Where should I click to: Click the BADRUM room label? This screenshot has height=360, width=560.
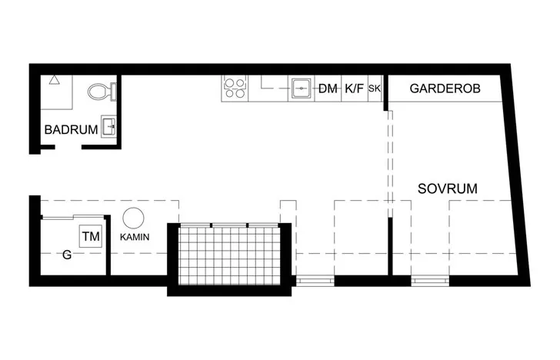pyautogui.click(x=71, y=130)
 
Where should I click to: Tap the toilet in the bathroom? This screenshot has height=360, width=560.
pyautogui.click(x=102, y=92)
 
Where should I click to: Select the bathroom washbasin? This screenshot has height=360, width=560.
pyautogui.click(x=108, y=126)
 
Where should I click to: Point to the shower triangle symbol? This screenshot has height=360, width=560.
pyautogui.click(x=55, y=80)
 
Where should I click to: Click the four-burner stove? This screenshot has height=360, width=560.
pyautogui.click(x=235, y=88)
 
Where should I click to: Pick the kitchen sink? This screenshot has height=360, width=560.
pyautogui.click(x=302, y=88)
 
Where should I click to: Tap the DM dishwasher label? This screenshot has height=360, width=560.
pyautogui.click(x=328, y=88)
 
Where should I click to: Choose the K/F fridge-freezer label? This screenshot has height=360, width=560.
pyautogui.click(x=354, y=88)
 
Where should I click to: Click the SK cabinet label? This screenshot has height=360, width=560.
pyautogui.click(x=375, y=88)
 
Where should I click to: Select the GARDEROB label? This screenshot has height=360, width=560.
pyautogui.click(x=445, y=88)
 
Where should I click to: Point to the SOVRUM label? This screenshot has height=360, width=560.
pyautogui.click(x=448, y=188)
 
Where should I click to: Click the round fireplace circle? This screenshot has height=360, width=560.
pyautogui.click(x=133, y=218)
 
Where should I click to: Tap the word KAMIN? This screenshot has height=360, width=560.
pyautogui.click(x=135, y=237)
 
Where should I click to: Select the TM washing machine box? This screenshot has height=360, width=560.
pyautogui.click(x=91, y=236)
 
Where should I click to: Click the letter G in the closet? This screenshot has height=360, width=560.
pyautogui.click(x=67, y=255)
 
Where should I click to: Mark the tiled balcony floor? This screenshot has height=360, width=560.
pyautogui.click(x=229, y=256)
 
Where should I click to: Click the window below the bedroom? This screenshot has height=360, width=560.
pyautogui.click(x=430, y=281)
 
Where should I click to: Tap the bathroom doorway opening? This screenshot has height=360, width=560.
pyautogui.click(x=68, y=147)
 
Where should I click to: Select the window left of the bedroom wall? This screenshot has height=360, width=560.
pyautogui.click(x=315, y=281)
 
